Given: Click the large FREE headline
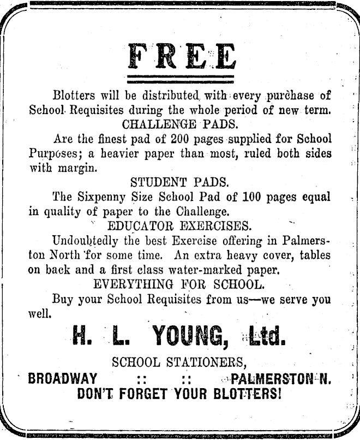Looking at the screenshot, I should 180,55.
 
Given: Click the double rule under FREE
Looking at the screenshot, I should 180,78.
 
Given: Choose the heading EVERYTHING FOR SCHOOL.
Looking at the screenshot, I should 180,284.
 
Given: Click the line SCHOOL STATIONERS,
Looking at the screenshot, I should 180,361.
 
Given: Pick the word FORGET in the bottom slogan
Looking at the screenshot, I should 142,393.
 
